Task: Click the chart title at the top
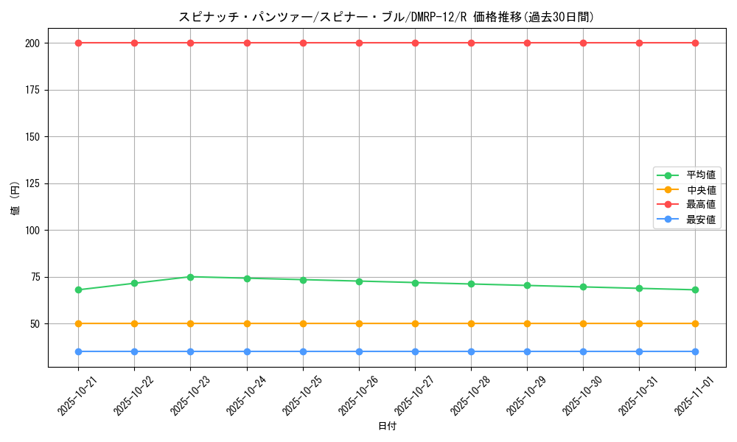pyautogui.click(x=386, y=17)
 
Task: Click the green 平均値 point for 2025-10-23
pyautogui.click(x=190, y=277)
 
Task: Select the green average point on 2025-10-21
pyautogui.click(x=78, y=290)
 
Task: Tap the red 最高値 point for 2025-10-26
pyautogui.click(x=359, y=43)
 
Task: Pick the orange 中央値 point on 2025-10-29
pyautogui.click(x=527, y=323)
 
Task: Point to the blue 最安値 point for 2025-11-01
pyautogui.click(x=695, y=351)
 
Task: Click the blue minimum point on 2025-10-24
pyautogui.click(x=247, y=351)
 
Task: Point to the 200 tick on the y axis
pyautogui.click(x=34, y=43)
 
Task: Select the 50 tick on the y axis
pyautogui.click(x=36, y=323)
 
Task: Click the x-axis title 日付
pyautogui.click(x=386, y=427)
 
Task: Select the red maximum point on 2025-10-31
pyautogui.click(x=639, y=43)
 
